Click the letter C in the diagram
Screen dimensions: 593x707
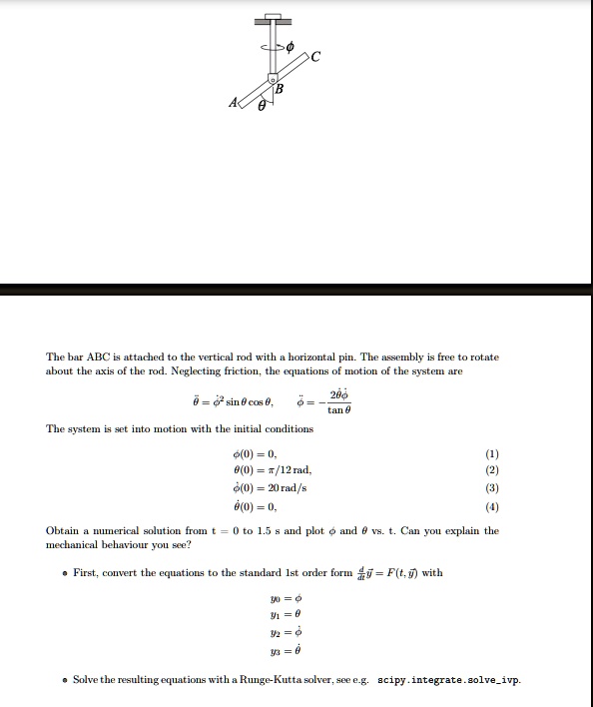[316, 55]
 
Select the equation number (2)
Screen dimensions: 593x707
[491, 468]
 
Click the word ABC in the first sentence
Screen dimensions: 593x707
[96, 356]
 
